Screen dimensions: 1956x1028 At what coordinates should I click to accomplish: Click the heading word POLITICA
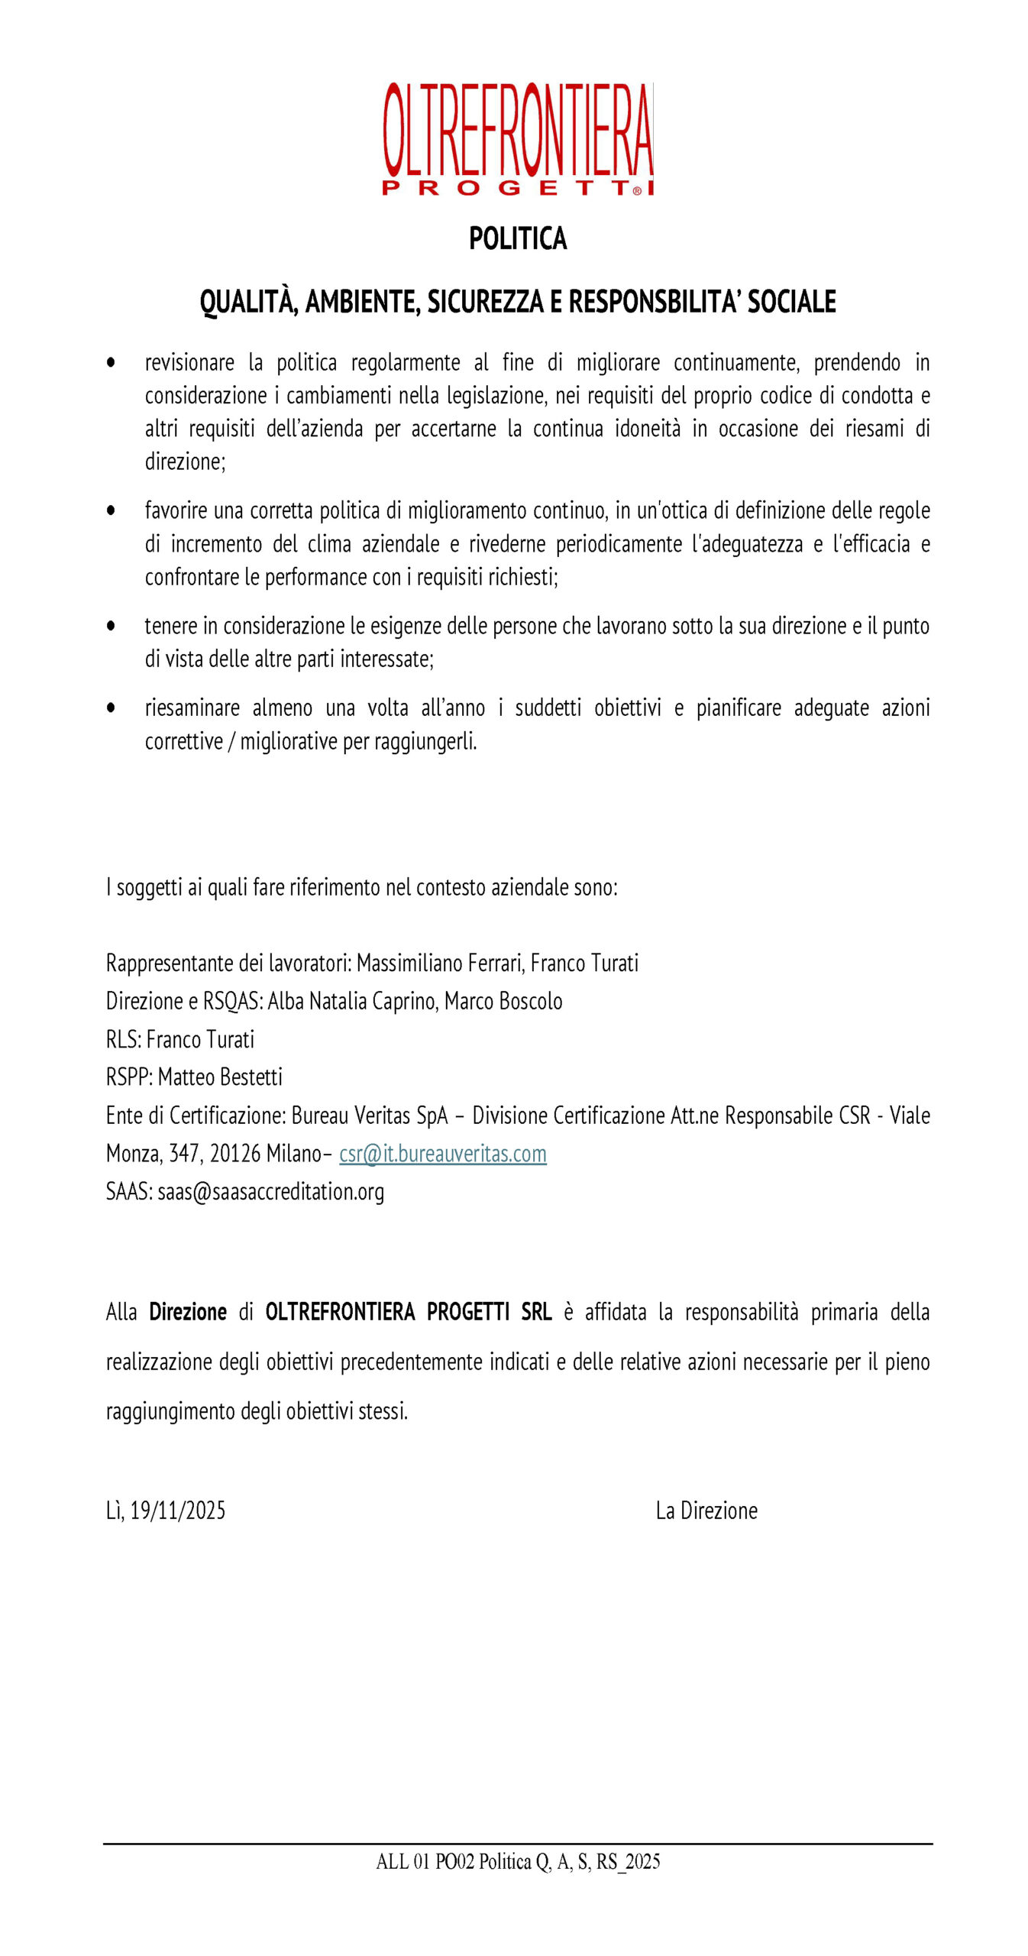[x=518, y=238]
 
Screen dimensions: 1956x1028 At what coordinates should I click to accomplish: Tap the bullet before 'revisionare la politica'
[x=112, y=362]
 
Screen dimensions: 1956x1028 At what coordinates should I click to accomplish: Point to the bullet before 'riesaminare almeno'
[x=112, y=708]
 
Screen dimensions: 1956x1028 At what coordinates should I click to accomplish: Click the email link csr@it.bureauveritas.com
[x=442, y=1154]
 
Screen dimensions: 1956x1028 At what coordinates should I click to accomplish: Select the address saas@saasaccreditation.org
[x=270, y=1192]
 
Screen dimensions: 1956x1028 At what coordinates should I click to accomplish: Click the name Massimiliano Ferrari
[x=440, y=963]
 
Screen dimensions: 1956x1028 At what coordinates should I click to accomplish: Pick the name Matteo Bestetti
[x=220, y=1077]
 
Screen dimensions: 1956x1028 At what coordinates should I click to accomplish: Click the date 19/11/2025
[x=177, y=1511]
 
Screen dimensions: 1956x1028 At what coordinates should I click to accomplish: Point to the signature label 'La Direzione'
[x=706, y=1511]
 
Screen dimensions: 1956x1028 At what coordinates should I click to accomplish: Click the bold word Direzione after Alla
[x=188, y=1312]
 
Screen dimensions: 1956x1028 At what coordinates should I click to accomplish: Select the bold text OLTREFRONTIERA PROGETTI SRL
[x=408, y=1312]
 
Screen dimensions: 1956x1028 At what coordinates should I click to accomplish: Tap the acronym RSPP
[x=128, y=1077]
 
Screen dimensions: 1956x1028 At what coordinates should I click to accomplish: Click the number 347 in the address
[x=184, y=1154]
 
